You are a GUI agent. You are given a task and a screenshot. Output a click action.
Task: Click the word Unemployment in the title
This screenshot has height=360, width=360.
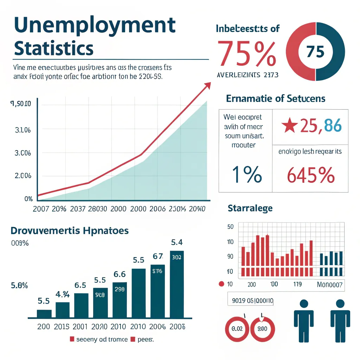click(95, 25)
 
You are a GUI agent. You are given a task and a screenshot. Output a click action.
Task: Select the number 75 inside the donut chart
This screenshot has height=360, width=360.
click(315, 52)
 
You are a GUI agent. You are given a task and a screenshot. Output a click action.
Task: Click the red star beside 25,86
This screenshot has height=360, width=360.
click(290, 126)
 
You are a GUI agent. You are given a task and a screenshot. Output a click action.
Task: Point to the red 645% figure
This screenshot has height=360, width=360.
click(310, 175)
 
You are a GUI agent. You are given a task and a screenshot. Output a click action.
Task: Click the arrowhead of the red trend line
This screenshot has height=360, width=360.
click(208, 85)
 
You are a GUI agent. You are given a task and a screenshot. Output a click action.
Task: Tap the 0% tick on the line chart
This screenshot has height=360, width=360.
click(28, 199)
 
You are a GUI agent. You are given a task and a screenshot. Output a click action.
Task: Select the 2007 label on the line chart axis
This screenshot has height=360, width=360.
click(40, 208)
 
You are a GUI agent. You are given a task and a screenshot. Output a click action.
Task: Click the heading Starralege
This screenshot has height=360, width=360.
click(250, 208)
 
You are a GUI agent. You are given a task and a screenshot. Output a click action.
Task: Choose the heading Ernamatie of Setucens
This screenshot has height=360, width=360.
click(275, 99)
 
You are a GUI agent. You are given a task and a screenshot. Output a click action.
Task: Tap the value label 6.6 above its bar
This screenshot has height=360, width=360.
click(120, 274)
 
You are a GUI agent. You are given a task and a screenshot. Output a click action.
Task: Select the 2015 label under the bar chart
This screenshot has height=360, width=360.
click(62, 327)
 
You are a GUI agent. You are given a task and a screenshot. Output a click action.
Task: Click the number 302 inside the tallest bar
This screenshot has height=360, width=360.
click(176, 257)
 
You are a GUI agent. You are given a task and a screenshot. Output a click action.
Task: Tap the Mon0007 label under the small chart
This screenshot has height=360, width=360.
click(329, 284)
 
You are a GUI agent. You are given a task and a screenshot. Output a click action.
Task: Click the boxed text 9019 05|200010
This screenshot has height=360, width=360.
click(250, 301)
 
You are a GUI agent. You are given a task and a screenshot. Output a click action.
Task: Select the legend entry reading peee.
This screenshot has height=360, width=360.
click(143, 340)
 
